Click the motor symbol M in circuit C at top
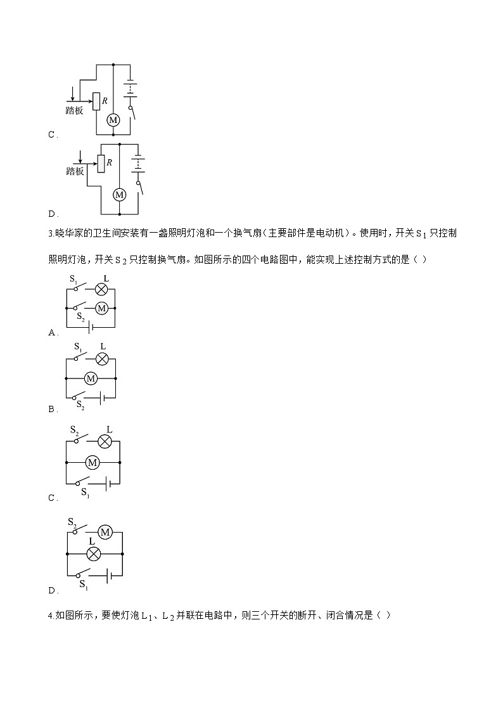(113, 120)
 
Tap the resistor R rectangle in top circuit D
(101, 164)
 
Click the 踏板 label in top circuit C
(74, 110)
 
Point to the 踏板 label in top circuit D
(75, 171)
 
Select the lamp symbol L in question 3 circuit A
(101, 289)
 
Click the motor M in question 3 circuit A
(101, 308)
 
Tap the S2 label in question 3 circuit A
(80, 317)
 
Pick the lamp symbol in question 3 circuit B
(102, 359)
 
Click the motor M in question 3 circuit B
(91, 379)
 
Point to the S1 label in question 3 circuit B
(78, 347)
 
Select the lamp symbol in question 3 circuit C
(105, 442)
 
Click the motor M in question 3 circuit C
(92, 463)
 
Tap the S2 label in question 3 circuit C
(74, 430)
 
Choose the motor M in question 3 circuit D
(105, 532)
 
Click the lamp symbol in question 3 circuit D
(93, 554)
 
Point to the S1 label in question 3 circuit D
(84, 585)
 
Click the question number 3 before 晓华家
(50, 233)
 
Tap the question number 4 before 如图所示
(50, 616)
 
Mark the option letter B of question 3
(51, 410)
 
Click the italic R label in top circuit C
(105, 101)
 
